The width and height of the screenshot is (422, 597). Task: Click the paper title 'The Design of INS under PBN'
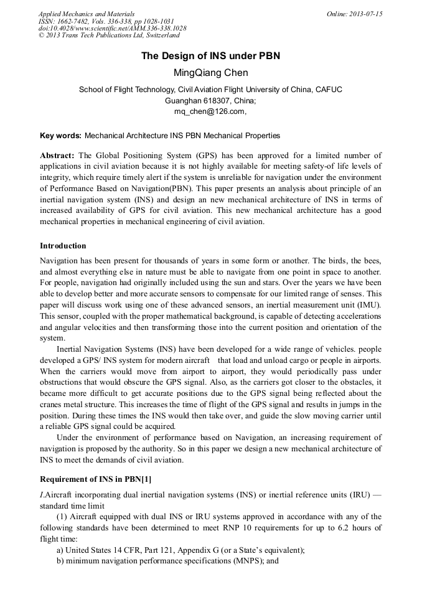click(210, 56)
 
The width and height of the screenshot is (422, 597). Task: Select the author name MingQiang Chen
click(210, 73)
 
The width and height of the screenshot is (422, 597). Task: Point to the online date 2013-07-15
click(367, 14)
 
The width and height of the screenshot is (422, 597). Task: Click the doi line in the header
click(112, 28)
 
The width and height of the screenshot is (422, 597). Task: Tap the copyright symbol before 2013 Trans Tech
click(41, 35)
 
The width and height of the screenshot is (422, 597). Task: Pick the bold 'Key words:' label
click(60, 135)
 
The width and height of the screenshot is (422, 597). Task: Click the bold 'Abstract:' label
click(57, 155)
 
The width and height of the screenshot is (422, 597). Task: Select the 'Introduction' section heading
click(63, 246)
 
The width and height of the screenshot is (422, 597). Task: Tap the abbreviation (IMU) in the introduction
click(368, 305)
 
